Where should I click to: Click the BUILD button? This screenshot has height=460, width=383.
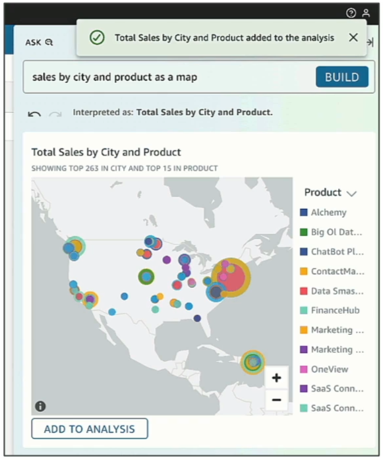point(342,77)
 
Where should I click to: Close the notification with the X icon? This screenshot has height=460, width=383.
point(353,38)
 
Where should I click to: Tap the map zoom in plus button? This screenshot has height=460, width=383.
point(276,378)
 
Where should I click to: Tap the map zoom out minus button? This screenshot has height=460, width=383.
point(276,399)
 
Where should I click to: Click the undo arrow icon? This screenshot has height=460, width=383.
point(34,114)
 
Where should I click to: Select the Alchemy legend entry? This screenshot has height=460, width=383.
point(323,212)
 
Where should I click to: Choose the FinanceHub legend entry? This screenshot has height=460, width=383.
point(330,310)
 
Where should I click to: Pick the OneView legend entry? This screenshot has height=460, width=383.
point(324,369)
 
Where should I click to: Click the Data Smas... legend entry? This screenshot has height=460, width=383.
point(332,291)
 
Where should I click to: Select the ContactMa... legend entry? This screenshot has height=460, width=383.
point(332,271)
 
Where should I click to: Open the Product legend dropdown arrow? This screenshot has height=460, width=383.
point(351,194)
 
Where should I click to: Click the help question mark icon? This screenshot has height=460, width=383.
point(351,13)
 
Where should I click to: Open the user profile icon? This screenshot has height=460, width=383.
point(366,13)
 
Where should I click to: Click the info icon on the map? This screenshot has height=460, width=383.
point(40,407)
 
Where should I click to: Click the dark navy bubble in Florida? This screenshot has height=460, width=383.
point(197,318)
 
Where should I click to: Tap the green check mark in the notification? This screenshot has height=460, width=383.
point(97,38)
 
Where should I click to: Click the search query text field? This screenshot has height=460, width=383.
point(170,77)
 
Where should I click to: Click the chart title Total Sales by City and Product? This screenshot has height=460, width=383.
point(106,152)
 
